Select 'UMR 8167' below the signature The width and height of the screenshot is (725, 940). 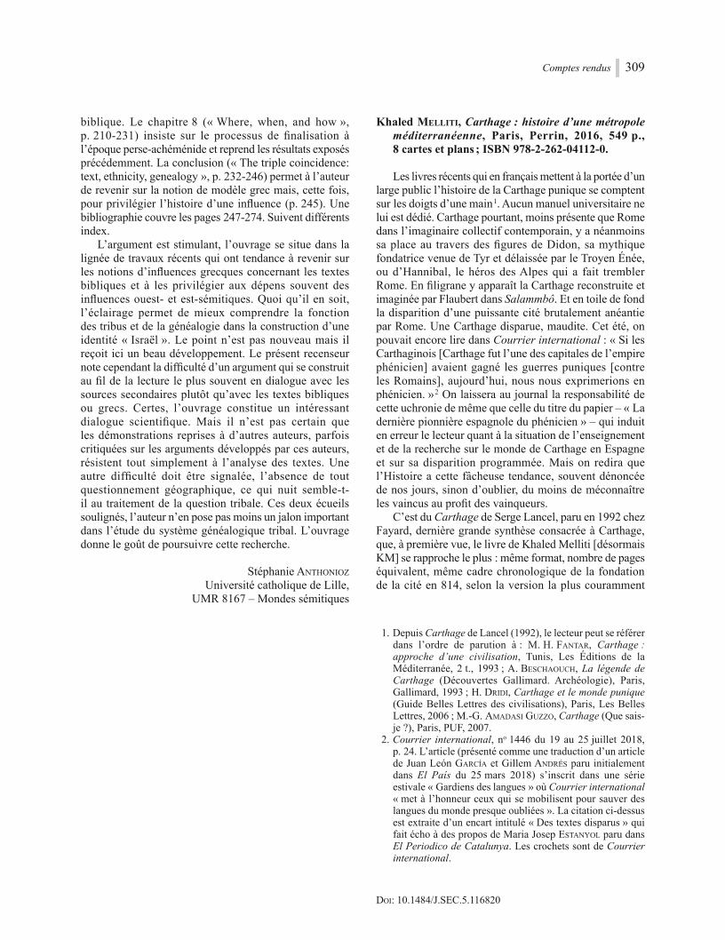(x=221, y=599)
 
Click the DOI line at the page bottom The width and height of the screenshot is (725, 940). (x=439, y=899)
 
